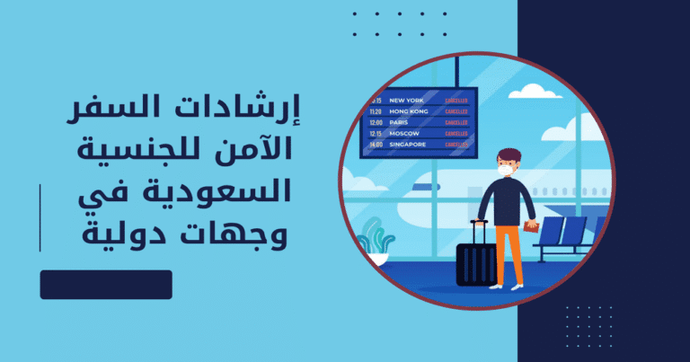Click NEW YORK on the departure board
(402, 100)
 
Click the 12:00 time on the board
(376, 121)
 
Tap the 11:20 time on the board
(376, 110)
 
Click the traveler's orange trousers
(509, 252)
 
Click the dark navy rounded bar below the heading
(106, 284)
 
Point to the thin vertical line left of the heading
(40, 216)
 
